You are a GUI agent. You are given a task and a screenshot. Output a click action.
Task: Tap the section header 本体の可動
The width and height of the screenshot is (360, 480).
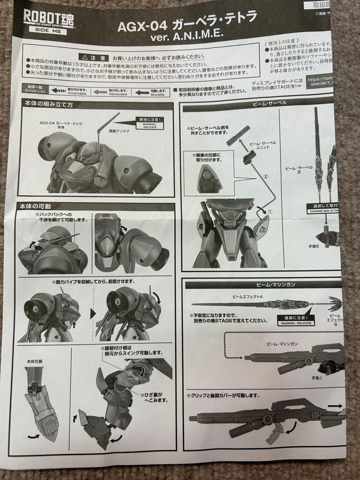(x=36, y=206)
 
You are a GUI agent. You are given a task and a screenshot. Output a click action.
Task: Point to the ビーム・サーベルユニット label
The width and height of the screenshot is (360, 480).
(x=262, y=145)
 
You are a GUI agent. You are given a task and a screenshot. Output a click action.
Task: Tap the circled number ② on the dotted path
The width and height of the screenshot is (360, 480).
(x=266, y=176)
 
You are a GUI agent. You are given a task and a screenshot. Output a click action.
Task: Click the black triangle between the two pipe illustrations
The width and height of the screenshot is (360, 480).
(x=92, y=313)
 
